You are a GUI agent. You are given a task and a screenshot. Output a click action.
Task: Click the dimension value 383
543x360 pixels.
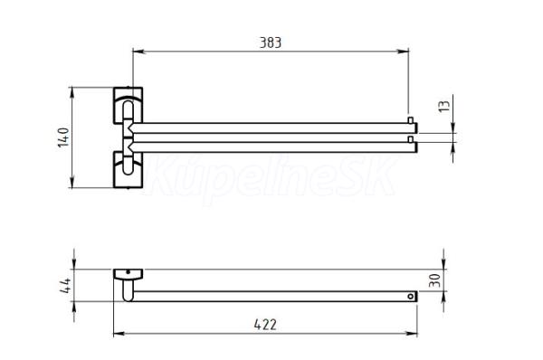(x=271, y=43)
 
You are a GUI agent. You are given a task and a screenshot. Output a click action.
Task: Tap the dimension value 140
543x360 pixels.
(x=63, y=137)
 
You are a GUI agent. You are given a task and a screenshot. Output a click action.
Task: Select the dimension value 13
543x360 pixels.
(x=444, y=106)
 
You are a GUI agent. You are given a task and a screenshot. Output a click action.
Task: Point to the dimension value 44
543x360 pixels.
(x=65, y=286)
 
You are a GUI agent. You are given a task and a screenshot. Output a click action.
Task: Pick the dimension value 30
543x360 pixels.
(x=434, y=280)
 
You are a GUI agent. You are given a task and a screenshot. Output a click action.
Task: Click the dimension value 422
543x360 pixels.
(x=265, y=325)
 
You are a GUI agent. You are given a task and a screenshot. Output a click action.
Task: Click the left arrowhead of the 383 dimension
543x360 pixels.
(x=138, y=52)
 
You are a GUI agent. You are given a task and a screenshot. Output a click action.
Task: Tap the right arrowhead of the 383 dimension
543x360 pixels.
(x=403, y=52)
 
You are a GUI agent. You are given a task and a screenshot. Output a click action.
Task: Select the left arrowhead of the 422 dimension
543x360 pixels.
(x=119, y=334)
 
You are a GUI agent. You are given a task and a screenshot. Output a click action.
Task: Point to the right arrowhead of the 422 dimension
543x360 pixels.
(x=412, y=334)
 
